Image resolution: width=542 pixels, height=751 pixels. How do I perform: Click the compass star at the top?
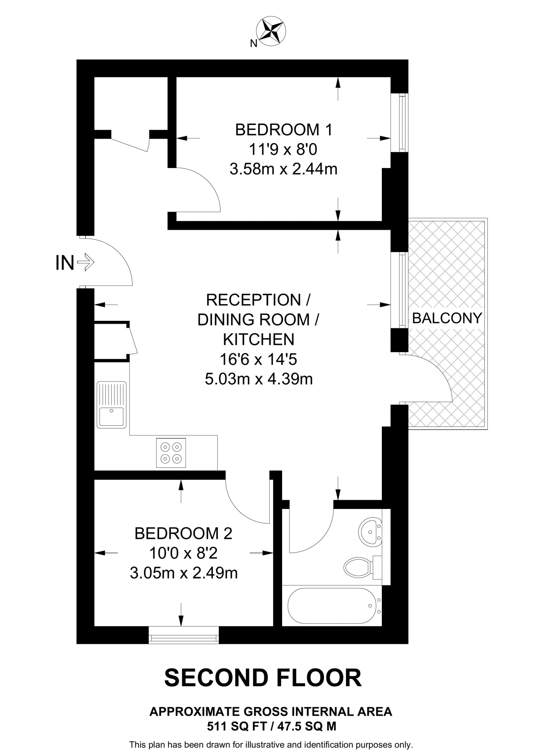tap(271, 31)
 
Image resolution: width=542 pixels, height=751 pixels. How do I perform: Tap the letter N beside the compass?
tap(253, 44)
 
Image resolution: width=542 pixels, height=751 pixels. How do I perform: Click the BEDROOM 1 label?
tap(283, 130)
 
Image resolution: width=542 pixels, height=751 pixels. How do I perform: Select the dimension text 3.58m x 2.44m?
tap(283, 169)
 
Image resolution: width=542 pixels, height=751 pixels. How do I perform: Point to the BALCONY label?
tap(447, 318)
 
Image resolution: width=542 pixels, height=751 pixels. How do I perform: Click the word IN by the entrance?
tap(64, 263)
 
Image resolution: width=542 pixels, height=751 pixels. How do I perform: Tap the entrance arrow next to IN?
tap(86, 263)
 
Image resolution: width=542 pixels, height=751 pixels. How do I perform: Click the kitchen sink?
tap(111, 405)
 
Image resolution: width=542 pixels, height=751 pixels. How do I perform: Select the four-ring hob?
tap(171, 453)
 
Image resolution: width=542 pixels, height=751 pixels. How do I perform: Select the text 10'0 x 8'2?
tap(183, 553)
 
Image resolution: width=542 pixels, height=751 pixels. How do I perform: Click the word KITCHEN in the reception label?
tap(259, 340)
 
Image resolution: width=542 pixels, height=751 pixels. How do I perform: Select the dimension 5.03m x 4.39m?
tap(259, 379)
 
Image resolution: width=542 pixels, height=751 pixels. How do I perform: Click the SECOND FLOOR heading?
tap(263, 678)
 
